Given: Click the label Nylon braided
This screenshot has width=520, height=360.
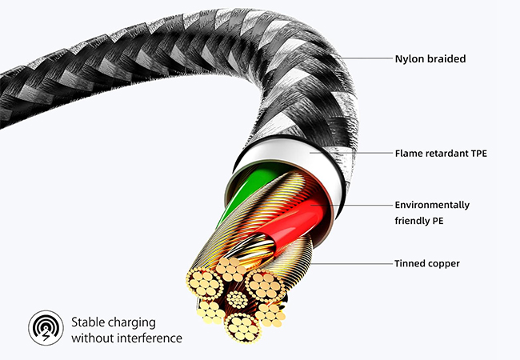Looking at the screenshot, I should click(x=430, y=58).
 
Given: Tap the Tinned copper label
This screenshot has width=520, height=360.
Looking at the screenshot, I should click(x=426, y=263).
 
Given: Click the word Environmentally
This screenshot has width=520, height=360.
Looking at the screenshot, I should click(x=432, y=205).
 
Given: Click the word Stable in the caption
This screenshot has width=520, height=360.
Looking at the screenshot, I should click(x=87, y=322).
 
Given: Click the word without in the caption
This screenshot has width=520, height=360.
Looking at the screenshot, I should click(x=91, y=338).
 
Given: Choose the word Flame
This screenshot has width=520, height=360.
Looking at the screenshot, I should click(x=410, y=152).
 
